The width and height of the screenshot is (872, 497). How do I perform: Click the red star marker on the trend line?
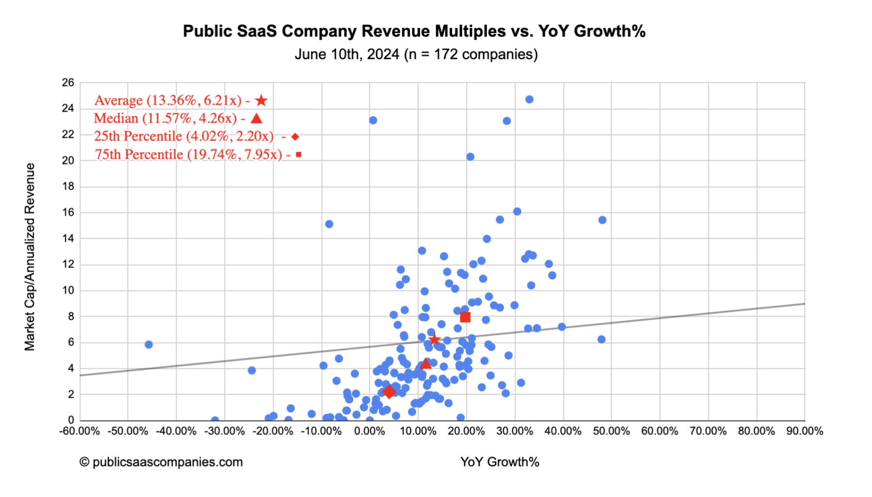(435, 339)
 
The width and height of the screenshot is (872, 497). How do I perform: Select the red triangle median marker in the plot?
(425, 364)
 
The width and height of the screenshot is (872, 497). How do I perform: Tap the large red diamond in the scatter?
(389, 392)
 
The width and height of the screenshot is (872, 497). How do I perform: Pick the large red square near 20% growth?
(465, 317)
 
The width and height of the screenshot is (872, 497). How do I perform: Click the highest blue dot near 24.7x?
(529, 99)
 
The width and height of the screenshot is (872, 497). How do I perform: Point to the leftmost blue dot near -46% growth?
(149, 345)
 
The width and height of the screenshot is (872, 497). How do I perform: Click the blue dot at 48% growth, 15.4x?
(602, 220)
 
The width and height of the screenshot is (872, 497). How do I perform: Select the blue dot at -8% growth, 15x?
(329, 224)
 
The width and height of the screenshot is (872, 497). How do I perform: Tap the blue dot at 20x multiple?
(470, 157)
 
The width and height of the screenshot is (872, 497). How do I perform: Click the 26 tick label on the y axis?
(68, 83)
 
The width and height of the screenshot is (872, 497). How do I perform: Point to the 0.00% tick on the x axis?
(370, 431)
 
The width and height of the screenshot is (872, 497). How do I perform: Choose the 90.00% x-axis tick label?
(805, 431)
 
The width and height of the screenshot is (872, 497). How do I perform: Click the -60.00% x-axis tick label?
(80, 431)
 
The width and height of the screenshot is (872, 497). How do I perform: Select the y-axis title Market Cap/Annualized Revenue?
(30, 257)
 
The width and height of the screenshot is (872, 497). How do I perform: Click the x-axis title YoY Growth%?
(500, 462)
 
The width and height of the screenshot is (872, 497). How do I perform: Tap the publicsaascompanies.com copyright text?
(161, 462)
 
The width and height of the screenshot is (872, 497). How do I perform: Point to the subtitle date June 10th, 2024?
(347, 54)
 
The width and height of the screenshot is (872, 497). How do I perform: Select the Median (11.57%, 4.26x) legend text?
(165, 118)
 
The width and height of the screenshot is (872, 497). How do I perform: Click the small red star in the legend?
(261, 100)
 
